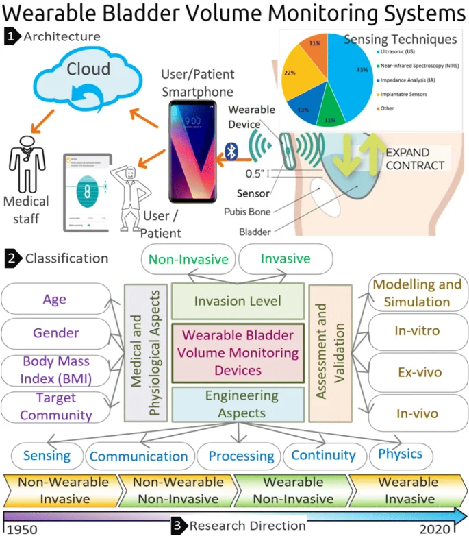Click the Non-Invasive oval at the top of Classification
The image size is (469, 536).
tap(189, 260)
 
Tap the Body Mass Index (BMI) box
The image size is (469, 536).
tap(57, 370)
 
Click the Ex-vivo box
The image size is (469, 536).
tap(417, 372)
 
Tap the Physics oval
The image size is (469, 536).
tap(400, 454)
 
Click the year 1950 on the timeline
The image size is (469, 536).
tap(27, 528)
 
